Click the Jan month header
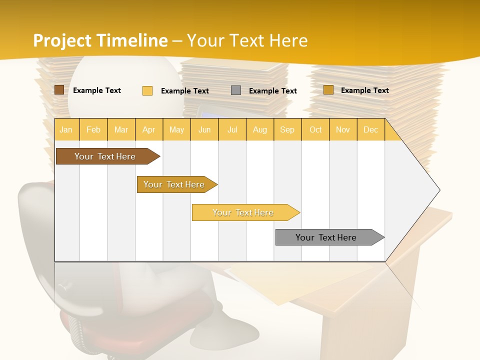66,129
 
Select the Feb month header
93,129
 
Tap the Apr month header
148,129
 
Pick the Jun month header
204,129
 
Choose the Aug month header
259,129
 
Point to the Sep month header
287,129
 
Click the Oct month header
315,129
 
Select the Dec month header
370,129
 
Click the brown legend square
59,90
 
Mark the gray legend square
236,90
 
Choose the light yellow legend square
147,90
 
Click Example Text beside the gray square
272,90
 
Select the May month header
176,129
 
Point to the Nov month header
342,129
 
